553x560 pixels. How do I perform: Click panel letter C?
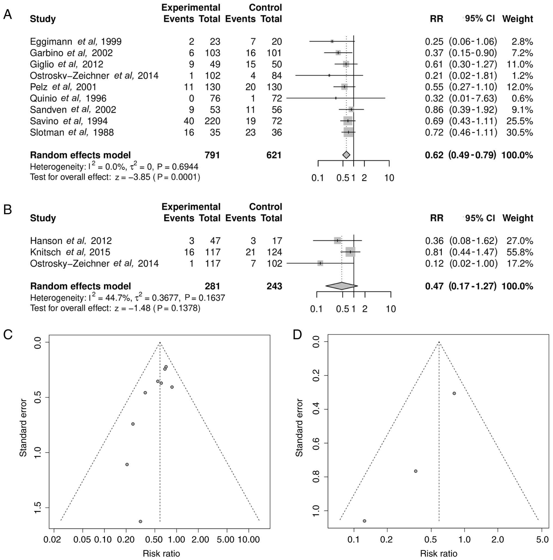pyautogui.click(x=8, y=334)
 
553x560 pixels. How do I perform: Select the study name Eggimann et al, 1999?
pyautogui.click(x=76, y=42)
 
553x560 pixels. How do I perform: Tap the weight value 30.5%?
pyautogui.click(x=520, y=132)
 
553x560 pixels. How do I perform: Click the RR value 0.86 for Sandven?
pyautogui.click(x=434, y=110)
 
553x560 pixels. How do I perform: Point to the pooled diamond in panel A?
pyautogui.click(x=346, y=155)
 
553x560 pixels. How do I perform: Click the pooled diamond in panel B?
pyautogui.click(x=341, y=286)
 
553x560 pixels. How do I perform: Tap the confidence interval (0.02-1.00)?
pyautogui.click(x=473, y=264)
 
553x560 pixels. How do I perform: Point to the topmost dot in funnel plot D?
pyautogui.click(x=454, y=393)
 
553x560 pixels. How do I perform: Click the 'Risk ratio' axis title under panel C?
pyautogui.click(x=161, y=554)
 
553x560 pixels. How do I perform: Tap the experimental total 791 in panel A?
pyautogui.click(x=212, y=155)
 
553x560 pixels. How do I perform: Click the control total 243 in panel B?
pyautogui.click(x=274, y=286)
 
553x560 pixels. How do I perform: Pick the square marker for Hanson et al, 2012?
pyautogui.click(x=337, y=241)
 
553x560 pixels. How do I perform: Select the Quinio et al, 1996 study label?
pyautogui.click(x=68, y=99)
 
